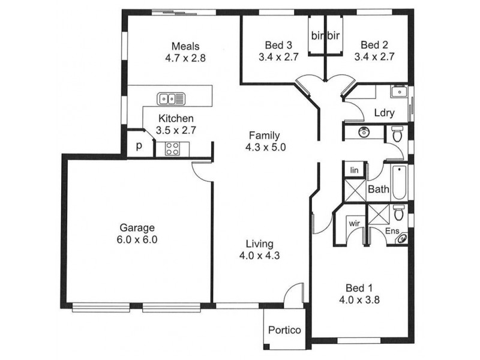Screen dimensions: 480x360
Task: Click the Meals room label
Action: point(185,46)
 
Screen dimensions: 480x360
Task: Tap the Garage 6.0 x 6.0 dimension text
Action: point(137,239)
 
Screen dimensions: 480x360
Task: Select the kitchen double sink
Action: point(171,99)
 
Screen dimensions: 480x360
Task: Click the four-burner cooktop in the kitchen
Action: point(172,149)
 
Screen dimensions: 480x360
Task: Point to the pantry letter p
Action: point(139,146)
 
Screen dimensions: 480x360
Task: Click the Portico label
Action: point(284,330)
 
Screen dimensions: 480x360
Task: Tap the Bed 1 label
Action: point(359,288)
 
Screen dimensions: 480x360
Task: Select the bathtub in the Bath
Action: point(399,182)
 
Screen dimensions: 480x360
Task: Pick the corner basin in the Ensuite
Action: point(402,238)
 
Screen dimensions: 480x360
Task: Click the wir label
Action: point(354,223)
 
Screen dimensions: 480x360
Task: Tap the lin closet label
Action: point(354,170)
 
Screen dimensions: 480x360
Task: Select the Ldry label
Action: point(384,113)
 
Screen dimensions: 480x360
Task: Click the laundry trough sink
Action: point(398,91)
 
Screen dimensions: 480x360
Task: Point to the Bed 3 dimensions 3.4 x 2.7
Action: point(278,57)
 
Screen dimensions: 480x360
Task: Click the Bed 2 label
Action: point(374,45)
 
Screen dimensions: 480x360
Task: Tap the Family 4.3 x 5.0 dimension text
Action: point(265,147)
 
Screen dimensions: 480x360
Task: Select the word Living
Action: point(260,244)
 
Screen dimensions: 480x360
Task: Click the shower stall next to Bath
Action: point(355,190)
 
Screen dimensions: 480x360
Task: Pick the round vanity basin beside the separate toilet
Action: point(364,132)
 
